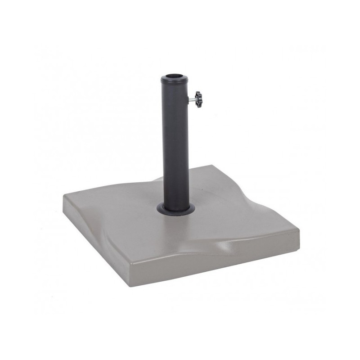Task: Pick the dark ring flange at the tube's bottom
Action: (176, 210)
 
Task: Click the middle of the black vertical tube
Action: (175, 144)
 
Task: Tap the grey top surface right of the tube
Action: (234, 211)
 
